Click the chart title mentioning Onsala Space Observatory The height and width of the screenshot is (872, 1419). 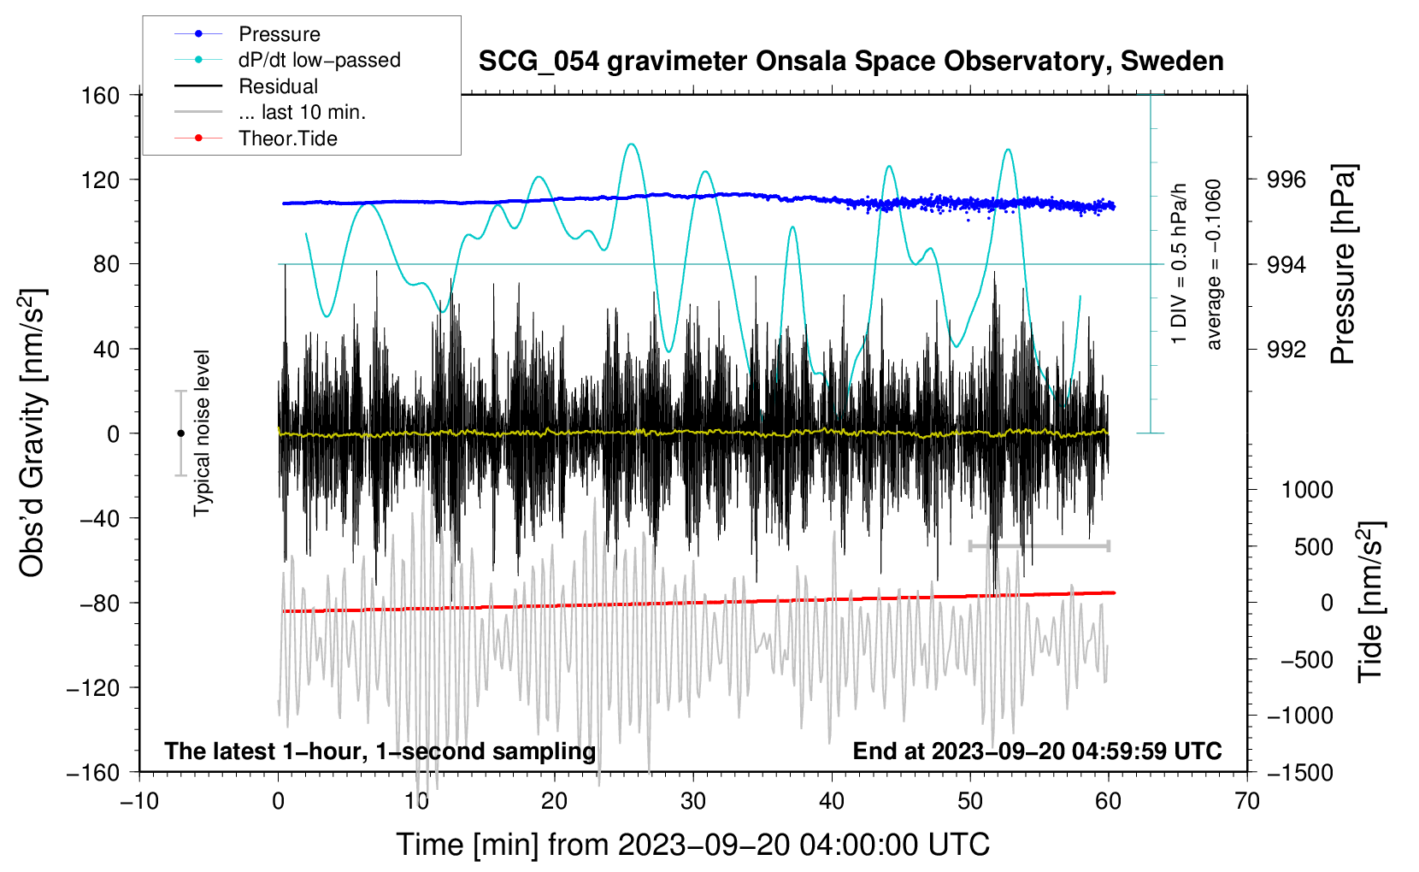(851, 62)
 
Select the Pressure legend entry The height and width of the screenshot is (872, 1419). (279, 34)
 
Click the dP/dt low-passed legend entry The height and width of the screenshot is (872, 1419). (319, 60)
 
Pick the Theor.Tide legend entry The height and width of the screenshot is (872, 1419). (287, 138)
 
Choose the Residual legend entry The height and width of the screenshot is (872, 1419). (278, 86)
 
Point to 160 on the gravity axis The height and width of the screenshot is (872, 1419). (101, 95)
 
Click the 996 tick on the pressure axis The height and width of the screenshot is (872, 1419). (1287, 180)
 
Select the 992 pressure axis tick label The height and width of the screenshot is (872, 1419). (1287, 349)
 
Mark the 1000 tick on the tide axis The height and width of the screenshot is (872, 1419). (1307, 490)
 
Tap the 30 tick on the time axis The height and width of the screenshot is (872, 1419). (693, 801)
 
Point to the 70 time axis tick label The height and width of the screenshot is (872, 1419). (1247, 801)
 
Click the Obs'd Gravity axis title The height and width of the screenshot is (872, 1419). (32, 433)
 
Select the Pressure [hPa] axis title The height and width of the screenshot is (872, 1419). (1343, 264)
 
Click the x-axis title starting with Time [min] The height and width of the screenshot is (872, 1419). (692, 845)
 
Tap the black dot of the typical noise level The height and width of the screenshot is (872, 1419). (180, 433)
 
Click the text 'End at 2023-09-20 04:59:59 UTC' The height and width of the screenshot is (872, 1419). (1037, 751)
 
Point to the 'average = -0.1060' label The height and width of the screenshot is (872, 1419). (1214, 264)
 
